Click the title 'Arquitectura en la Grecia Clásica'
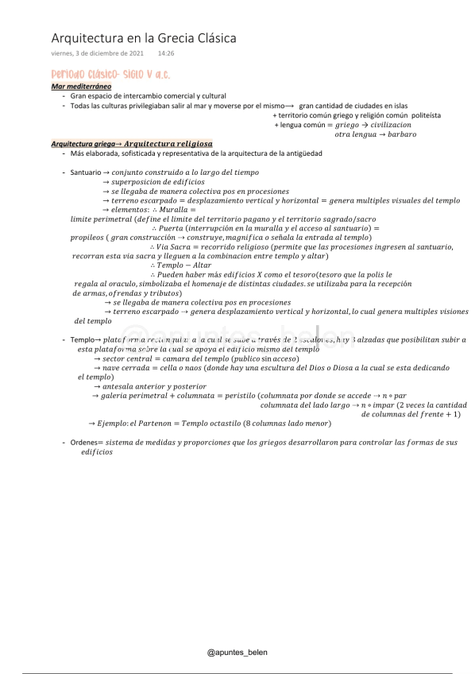[x=143, y=38]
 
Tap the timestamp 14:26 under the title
[x=166, y=53]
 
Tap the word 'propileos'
[x=87, y=238]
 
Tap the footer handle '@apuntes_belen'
[x=237, y=652]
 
